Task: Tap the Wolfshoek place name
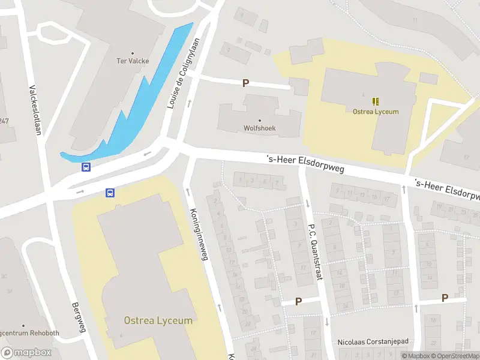click(x=259, y=128)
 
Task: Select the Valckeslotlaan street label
click(x=35, y=111)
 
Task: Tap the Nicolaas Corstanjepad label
click(x=373, y=341)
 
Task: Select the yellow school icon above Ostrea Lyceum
click(x=376, y=101)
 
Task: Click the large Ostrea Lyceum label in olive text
click(x=158, y=320)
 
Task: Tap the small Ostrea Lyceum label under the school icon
click(x=376, y=111)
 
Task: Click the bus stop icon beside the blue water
click(x=86, y=167)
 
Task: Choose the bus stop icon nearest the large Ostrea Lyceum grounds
click(x=110, y=193)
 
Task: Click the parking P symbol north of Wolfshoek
click(x=245, y=83)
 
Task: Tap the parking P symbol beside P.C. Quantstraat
click(x=298, y=301)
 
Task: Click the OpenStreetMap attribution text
click(x=454, y=356)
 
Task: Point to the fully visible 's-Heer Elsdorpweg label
click(x=305, y=164)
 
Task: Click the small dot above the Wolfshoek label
click(x=259, y=120)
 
